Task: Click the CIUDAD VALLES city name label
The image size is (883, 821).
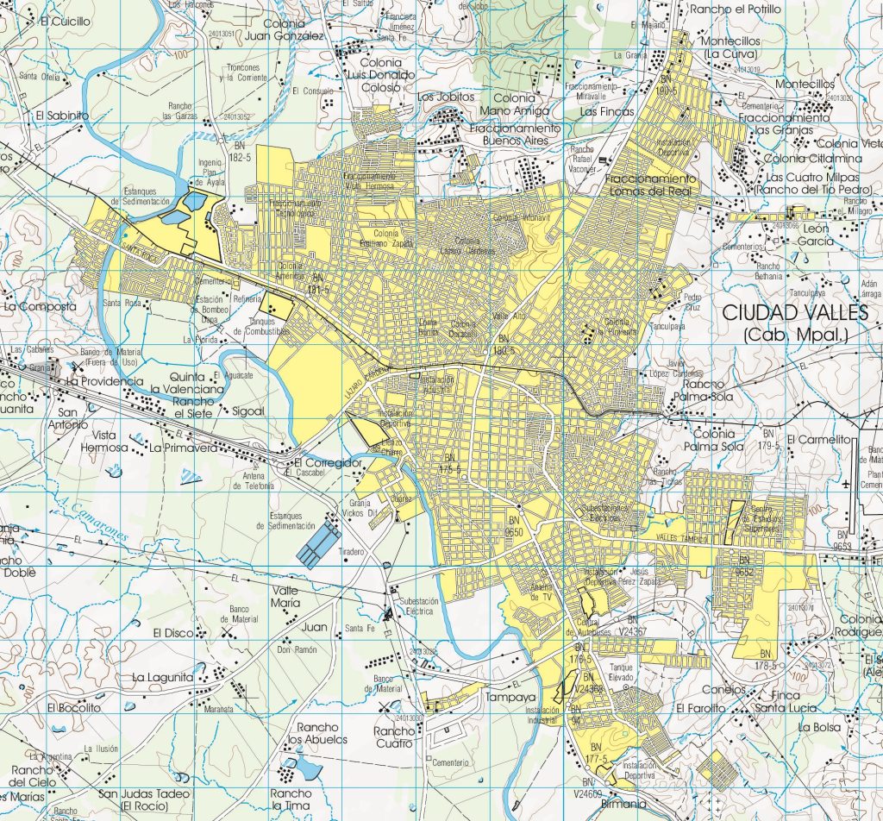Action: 798,311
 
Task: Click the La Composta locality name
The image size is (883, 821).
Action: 41,306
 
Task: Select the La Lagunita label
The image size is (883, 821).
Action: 163,678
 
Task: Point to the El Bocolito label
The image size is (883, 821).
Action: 75,707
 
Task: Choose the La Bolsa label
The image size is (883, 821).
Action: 818,727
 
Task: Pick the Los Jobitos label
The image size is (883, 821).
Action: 446,97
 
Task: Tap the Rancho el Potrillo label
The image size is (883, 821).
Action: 736,9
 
